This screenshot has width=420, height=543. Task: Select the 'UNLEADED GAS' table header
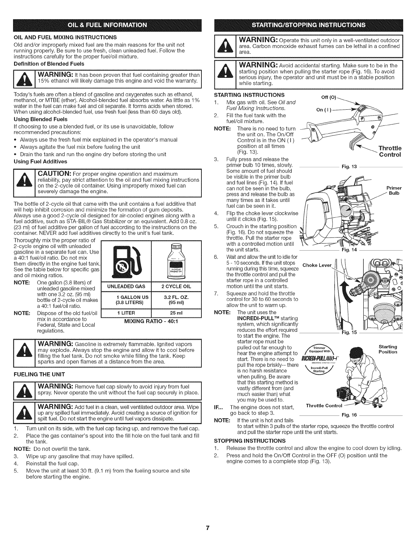(125, 287)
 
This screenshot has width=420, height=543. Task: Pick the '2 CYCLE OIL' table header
(176, 287)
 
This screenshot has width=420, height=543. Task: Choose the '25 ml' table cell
(176, 313)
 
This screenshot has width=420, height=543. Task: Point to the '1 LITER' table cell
(125, 313)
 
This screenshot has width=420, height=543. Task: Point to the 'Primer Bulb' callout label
(394, 191)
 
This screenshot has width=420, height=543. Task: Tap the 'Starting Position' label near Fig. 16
(388, 349)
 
